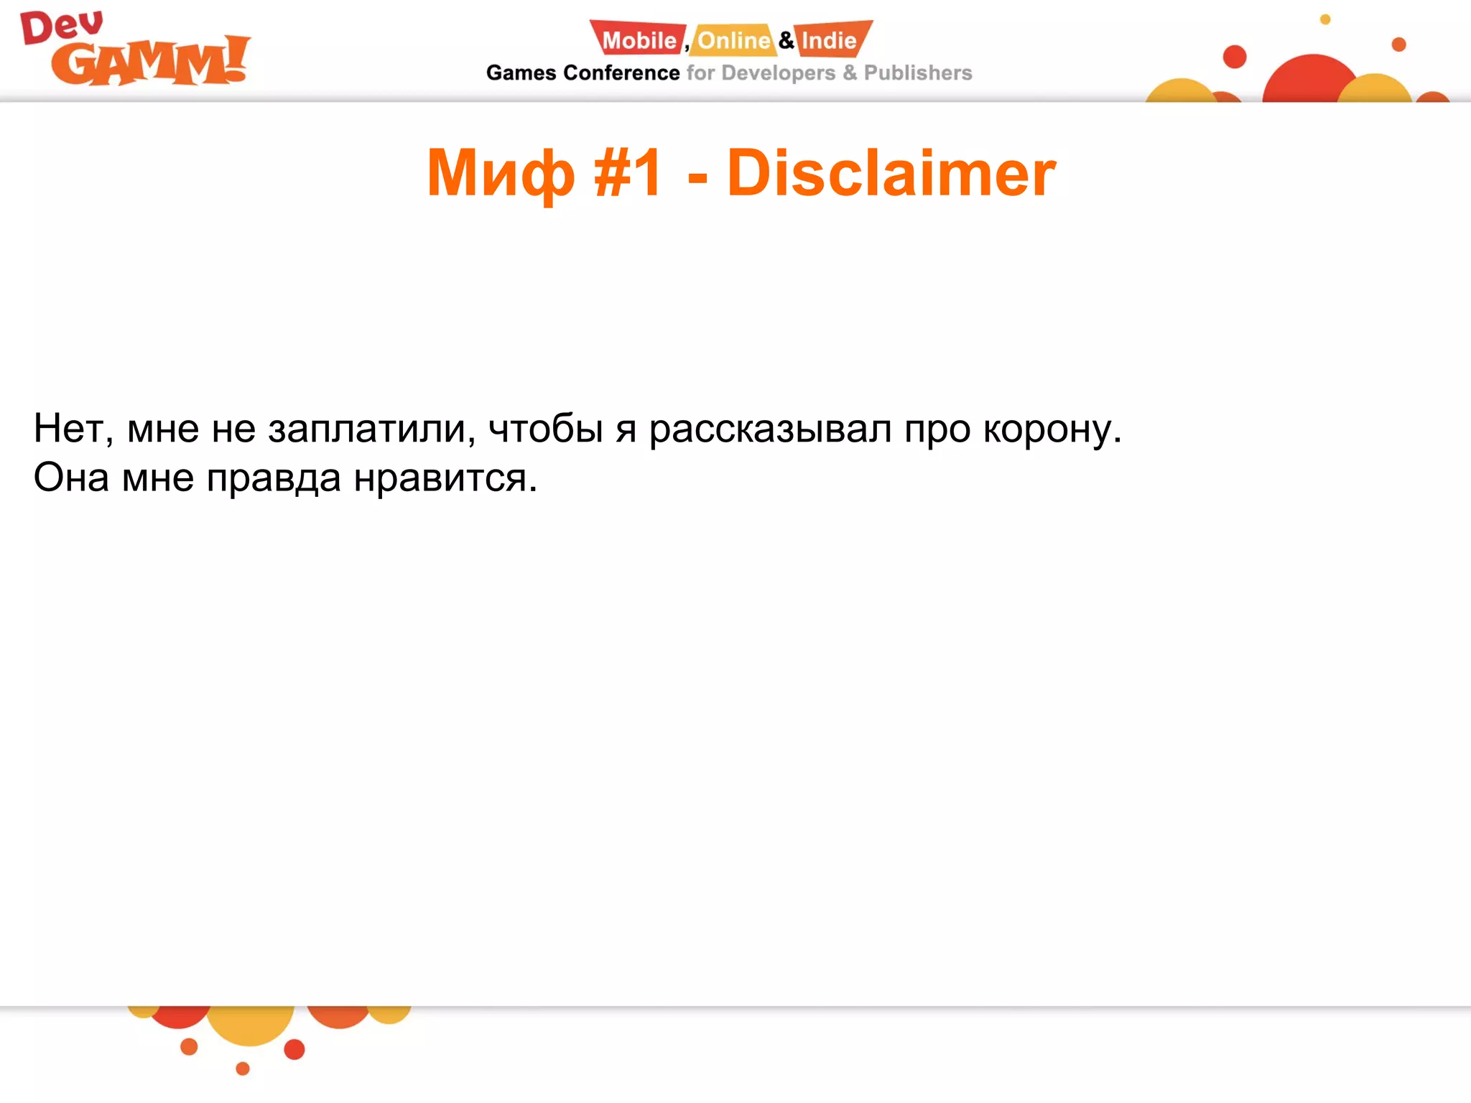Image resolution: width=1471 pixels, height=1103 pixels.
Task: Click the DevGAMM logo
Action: pyautogui.click(x=135, y=50)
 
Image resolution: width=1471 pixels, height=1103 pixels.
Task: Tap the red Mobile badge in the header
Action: pyautogui.click(x=638, y=40)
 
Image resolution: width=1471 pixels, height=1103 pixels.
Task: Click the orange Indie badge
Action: pyautogui.click(x=830, y=40)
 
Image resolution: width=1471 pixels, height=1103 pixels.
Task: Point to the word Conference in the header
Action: pyautogui.click(x=621, y=73)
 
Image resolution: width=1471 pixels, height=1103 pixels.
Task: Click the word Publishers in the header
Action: pyautogui.click(x=917, y=73)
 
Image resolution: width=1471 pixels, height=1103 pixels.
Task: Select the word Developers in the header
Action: pyautogui.click(x=778, y=73)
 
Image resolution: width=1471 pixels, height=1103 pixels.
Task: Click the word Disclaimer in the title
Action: pyautogui.click(x=891, y=173)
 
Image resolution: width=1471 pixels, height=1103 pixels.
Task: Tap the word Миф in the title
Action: pyautogui.click(x=501, y=173)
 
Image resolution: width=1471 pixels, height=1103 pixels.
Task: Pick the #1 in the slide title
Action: pyautogui.click(x=628, y=173)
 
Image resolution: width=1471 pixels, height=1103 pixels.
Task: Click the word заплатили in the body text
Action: pyautogui.click(x=371, y=429)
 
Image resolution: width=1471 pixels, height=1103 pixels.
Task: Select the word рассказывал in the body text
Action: pyautogui.click(x=770, y=429)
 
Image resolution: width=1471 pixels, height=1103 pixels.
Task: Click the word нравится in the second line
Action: pyautogui.click(x=445, y=478)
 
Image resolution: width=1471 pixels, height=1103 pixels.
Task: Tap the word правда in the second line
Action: pyautogui.click(x=274, y=479)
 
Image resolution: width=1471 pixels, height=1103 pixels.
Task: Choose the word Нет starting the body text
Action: pyautogui.click(x=73, y=429)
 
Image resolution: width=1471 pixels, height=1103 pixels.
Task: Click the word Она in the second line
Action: pyautogui.click(x=71, y=478)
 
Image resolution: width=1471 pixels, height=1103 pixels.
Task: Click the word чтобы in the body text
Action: pyautogui.click(x=545, y=429)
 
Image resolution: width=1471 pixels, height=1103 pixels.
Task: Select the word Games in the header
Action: pyautogui.click(x=521, y=73)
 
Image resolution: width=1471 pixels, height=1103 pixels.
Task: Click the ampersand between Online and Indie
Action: pyautogui.click(x=786, y=40)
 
